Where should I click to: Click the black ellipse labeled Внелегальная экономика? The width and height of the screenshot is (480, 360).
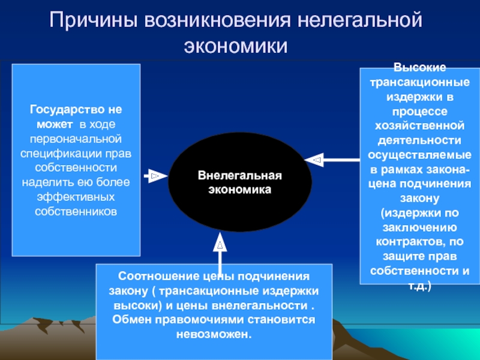(x=239, y=182)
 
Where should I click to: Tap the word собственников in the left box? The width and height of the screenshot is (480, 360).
(x=76, y=211)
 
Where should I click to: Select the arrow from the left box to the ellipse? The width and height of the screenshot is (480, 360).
(x=155, y=176)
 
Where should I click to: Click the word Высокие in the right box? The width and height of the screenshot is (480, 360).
(x=419, y=70)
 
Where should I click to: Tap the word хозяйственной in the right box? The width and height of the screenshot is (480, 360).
(x=419, y=127)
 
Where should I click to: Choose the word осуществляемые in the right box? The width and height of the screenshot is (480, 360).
(x=419, y=155)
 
